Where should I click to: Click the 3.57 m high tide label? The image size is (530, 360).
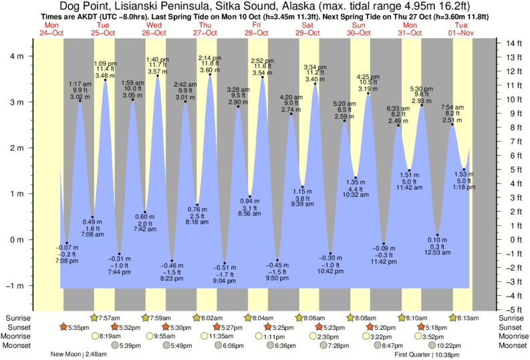pos(157,71)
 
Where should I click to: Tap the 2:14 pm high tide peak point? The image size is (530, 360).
pos(210,75)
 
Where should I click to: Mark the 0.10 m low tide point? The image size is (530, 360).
pos(438,235)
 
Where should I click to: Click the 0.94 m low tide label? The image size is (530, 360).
pos(249,200)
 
